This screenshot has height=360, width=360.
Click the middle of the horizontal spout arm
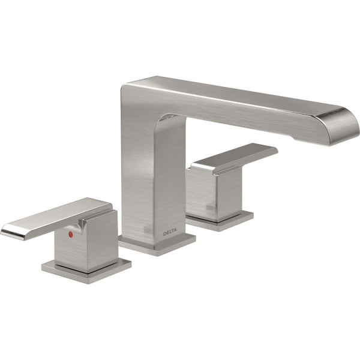[240, 102]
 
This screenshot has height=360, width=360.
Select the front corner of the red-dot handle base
[84, 281]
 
